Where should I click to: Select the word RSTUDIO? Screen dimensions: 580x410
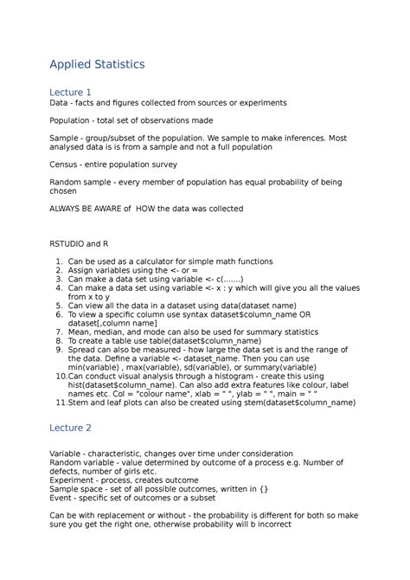coord(70,244)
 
